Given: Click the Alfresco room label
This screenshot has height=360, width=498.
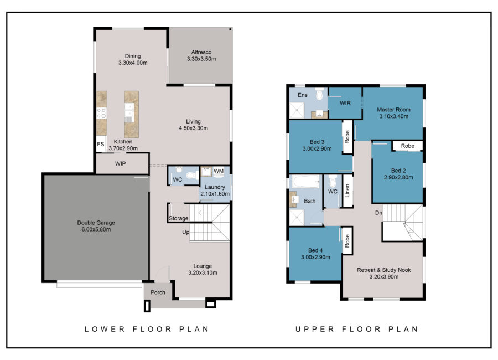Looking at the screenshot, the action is coord(201,52).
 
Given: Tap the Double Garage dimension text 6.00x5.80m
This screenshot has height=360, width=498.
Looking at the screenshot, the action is coord(96,230).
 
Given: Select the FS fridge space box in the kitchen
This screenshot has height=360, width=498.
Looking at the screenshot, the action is coord(101,144).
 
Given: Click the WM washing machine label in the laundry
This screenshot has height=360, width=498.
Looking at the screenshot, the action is coord(219,171).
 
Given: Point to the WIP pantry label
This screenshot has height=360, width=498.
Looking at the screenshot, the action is coord(121,163).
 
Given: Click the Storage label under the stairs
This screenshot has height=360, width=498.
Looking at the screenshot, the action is coord(179,218).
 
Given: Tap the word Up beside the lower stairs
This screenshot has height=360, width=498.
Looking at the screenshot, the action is coord(186,232).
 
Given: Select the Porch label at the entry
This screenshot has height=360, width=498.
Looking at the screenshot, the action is coord(158,292).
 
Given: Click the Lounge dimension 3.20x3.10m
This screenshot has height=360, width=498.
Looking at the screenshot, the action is coord(203,273).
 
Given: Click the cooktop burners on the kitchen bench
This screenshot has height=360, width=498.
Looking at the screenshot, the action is coord(101,113).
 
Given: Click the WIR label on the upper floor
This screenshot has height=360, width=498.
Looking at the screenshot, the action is coord(345,104).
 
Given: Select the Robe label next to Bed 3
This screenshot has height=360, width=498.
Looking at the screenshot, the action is coord(347,137).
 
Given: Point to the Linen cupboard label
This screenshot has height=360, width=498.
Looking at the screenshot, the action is coord(347,191).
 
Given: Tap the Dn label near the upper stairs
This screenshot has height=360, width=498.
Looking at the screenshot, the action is coord(378,213).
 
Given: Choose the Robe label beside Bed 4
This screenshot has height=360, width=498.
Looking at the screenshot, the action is coord(347,241).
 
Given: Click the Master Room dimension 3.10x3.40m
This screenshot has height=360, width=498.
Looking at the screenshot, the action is coord(394,116).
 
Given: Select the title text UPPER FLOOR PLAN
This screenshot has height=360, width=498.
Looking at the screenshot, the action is coord(357,329).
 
